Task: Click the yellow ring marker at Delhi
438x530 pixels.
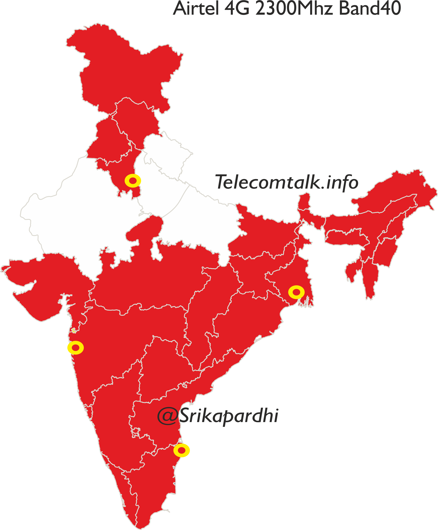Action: click(x=133, y=181)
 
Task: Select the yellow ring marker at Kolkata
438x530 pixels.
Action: click(x=296, y=292)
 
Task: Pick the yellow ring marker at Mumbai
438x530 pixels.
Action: click(x=76, y=348)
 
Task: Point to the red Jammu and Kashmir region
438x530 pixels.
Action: click(x=126, y=71)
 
